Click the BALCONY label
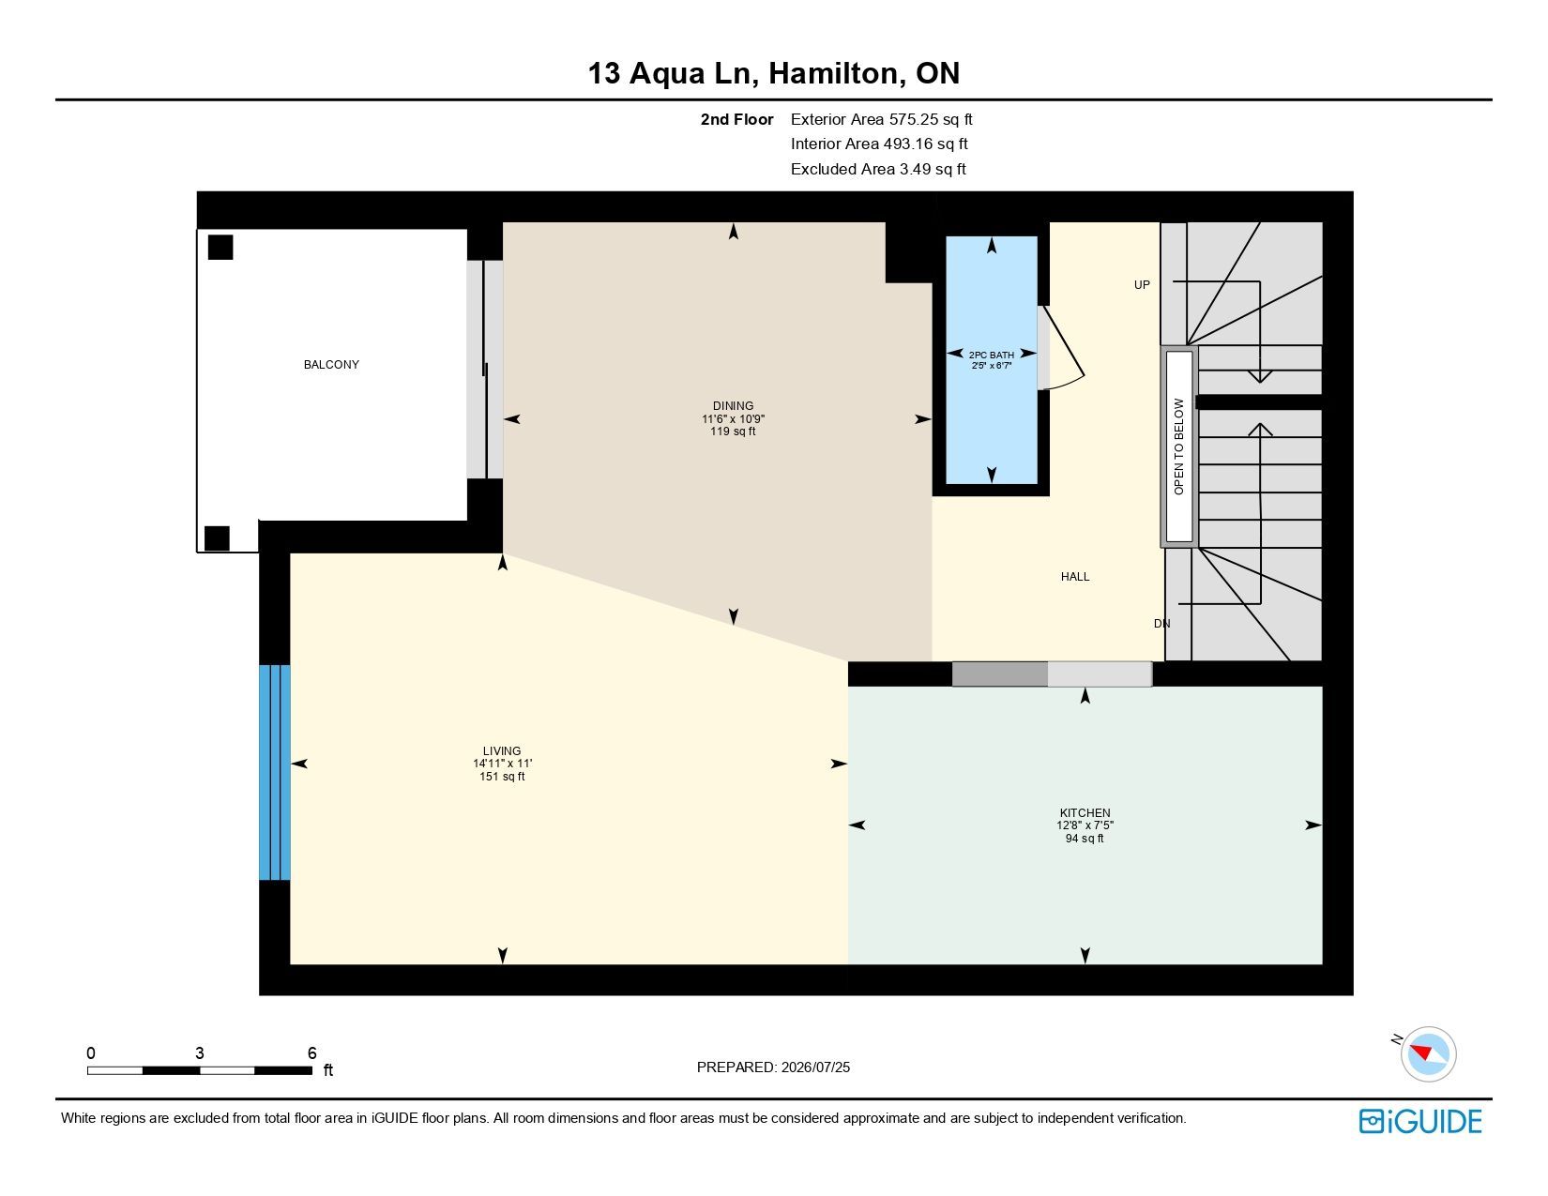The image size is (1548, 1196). [331, 365]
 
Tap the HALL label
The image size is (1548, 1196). [1075, 577]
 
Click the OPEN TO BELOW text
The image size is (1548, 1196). [1179, 447]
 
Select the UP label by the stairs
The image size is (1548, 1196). [1142, 285]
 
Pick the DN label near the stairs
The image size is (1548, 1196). [1161, 623]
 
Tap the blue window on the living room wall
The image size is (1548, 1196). [274, 772]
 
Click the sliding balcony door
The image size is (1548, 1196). [484, 369]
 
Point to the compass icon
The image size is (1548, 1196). [1428, 1054]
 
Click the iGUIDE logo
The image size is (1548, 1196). [1420, 1121]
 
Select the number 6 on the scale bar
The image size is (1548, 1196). [312, 1052]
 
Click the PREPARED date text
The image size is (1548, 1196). [774, 1067]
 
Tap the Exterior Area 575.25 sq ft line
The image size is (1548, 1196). [881, 119]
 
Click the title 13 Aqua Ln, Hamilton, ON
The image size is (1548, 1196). [774, 73]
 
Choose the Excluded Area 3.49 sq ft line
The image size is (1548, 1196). [878, 169]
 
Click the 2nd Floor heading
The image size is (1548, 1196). [736, 119]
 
